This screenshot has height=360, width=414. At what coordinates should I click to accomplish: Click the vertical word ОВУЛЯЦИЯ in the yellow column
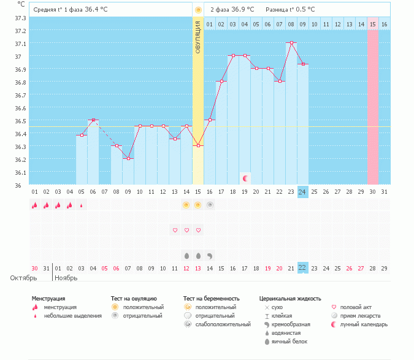coord(197,36)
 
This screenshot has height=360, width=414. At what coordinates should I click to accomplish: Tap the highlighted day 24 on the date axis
coord(302,192)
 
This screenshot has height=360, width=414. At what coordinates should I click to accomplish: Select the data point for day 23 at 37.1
coord(291,43)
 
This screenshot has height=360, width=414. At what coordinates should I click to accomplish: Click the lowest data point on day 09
coord(128,158)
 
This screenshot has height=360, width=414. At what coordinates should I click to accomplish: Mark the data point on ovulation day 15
coord(197,145)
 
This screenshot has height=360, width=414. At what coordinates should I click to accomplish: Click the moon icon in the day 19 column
coord(245,178)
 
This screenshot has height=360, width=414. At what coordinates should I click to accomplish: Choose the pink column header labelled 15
coord(372,24)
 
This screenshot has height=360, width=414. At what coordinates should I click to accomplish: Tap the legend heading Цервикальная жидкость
coord(290,299)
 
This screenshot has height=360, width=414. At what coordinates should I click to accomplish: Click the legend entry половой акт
coord(356,307)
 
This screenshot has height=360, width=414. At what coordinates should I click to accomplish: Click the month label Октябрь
coord(23,278)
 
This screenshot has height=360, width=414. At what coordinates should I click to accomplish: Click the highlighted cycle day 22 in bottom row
coord(302,268)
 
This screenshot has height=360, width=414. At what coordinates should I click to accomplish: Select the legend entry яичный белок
coord(285,341)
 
